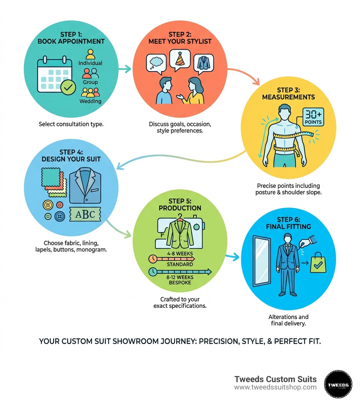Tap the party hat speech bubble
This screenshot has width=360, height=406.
[x=180, y=59]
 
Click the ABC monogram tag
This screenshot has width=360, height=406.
[x=85, y=214]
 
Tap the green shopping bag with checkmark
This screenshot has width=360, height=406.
[x=318, y=263]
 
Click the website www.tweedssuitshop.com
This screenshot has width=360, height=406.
[x=275, y=387]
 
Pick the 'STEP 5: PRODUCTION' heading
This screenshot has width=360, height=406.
[x=180, y=204]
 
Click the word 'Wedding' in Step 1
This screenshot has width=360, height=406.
[x=90, y=101]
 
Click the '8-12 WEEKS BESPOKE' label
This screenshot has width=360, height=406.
[x=180, y=280]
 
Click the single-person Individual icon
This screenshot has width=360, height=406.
[x=90, y=54]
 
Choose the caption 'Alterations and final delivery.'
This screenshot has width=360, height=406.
[x=288, y=320]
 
